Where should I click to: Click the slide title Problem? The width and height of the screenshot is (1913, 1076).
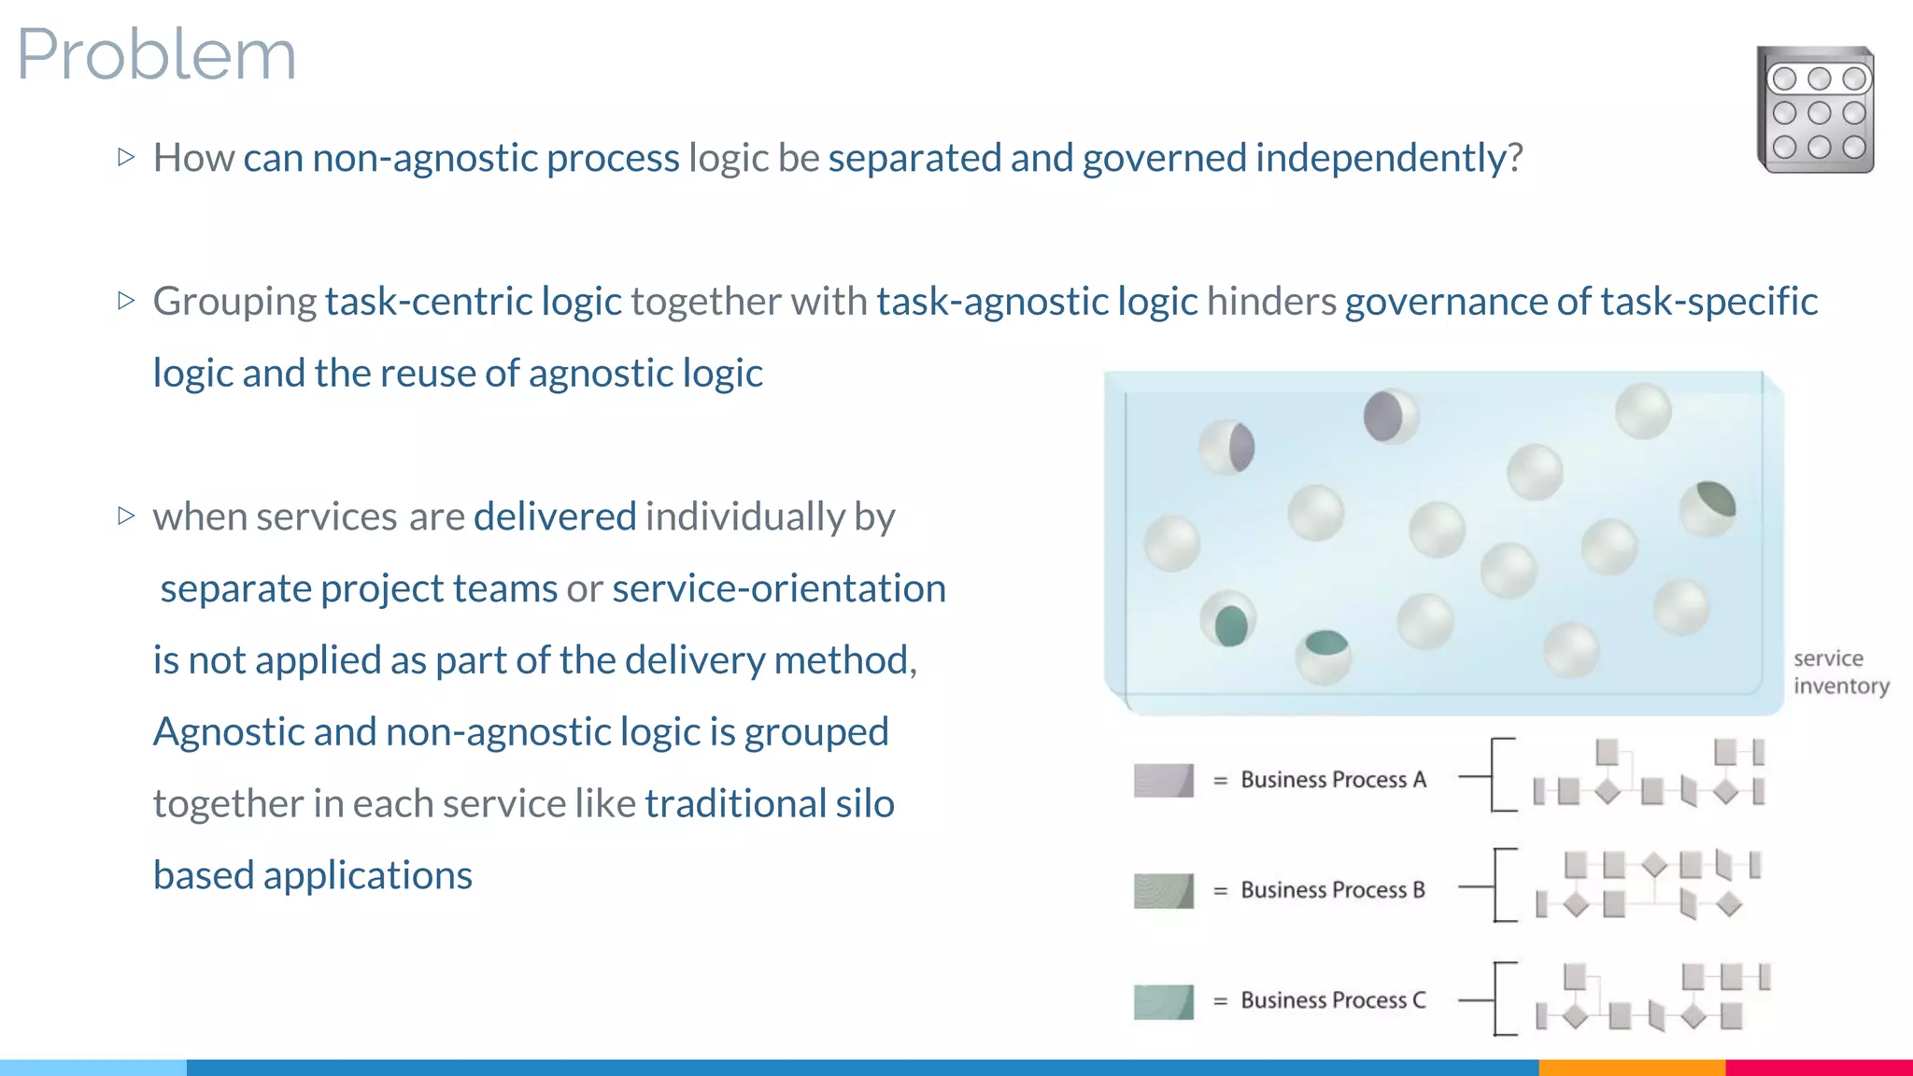(156, 54)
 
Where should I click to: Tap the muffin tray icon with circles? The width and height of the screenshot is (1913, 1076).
(1815, 110)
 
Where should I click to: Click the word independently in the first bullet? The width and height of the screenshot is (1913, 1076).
(1381, 158)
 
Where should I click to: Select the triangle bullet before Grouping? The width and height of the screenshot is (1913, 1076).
(127, 301)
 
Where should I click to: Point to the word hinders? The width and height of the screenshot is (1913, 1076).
(1271, 302)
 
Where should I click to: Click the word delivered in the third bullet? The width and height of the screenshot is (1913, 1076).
(555, 517)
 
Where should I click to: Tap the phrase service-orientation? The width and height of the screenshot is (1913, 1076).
(779, 588)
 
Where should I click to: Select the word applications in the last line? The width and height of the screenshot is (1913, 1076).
(368, 875)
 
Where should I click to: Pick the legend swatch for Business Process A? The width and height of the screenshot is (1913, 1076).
(1163, 780)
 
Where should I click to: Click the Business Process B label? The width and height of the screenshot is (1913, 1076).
(1333, 890)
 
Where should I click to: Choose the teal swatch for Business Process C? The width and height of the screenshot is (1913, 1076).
(1163, 1001)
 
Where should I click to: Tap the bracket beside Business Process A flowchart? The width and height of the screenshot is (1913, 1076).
(1495, 775)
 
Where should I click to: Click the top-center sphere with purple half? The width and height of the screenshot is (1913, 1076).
(1390, 416)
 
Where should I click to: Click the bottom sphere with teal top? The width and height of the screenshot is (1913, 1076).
(1324, 656)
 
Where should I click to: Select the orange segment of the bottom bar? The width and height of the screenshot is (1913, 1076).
(1631, 1067)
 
